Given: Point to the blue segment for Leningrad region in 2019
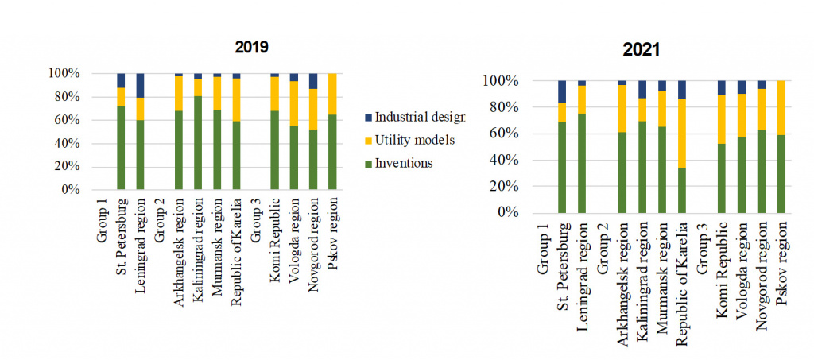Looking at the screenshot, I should pos(141,85).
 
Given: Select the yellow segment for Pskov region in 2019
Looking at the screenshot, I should pos(332,94).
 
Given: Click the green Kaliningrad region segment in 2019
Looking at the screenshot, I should pos(198,143).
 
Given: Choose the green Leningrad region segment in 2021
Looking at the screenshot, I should pos(582,163).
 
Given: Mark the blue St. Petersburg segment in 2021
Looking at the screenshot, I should pos(562,91).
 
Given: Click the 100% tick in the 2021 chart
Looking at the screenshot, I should pos(500,81).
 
